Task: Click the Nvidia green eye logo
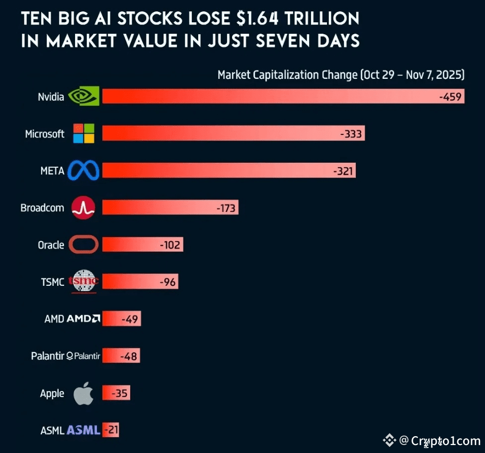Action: pyautogui.click(x=83, y=96)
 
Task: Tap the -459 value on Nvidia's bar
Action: pyautogui.click(x=450, y=97)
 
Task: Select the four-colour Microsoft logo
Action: pyautogui.click(x=83, y=133)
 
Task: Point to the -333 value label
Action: pyautogui.click(x=351, y=134)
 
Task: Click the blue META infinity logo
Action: pyautogui.click(x=83, y=171)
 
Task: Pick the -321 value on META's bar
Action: pyautogui.click(x=343, y=171)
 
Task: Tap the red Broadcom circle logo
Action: pyautogui.click(x=83, y=208)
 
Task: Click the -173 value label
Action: pyautogui.click(x=226, y=208)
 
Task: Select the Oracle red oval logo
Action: pyautogui.click(x=83, y=245)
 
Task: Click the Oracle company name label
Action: pyautogui.click(x=51, y=245)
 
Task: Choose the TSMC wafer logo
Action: pyautogui.click(x=83, y=282)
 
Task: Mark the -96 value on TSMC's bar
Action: pyautogui.click(x=168, y=282)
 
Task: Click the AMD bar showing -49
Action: pyautogui.click(x=122, y=319)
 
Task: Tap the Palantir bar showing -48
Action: pyautogui.click(x=121, y=356)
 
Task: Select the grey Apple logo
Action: pyautogui.click(x=83, y=393)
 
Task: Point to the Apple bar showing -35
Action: pyautogui.click(x=116, y=394)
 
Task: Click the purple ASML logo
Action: pyautogui.click(x=83, y=430)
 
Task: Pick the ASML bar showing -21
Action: pyautogui.click(x=111, y=430)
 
